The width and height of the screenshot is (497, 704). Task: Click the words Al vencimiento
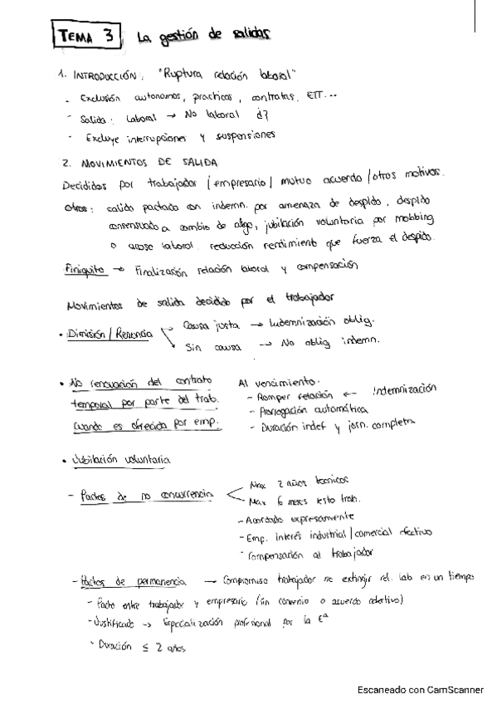277,383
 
